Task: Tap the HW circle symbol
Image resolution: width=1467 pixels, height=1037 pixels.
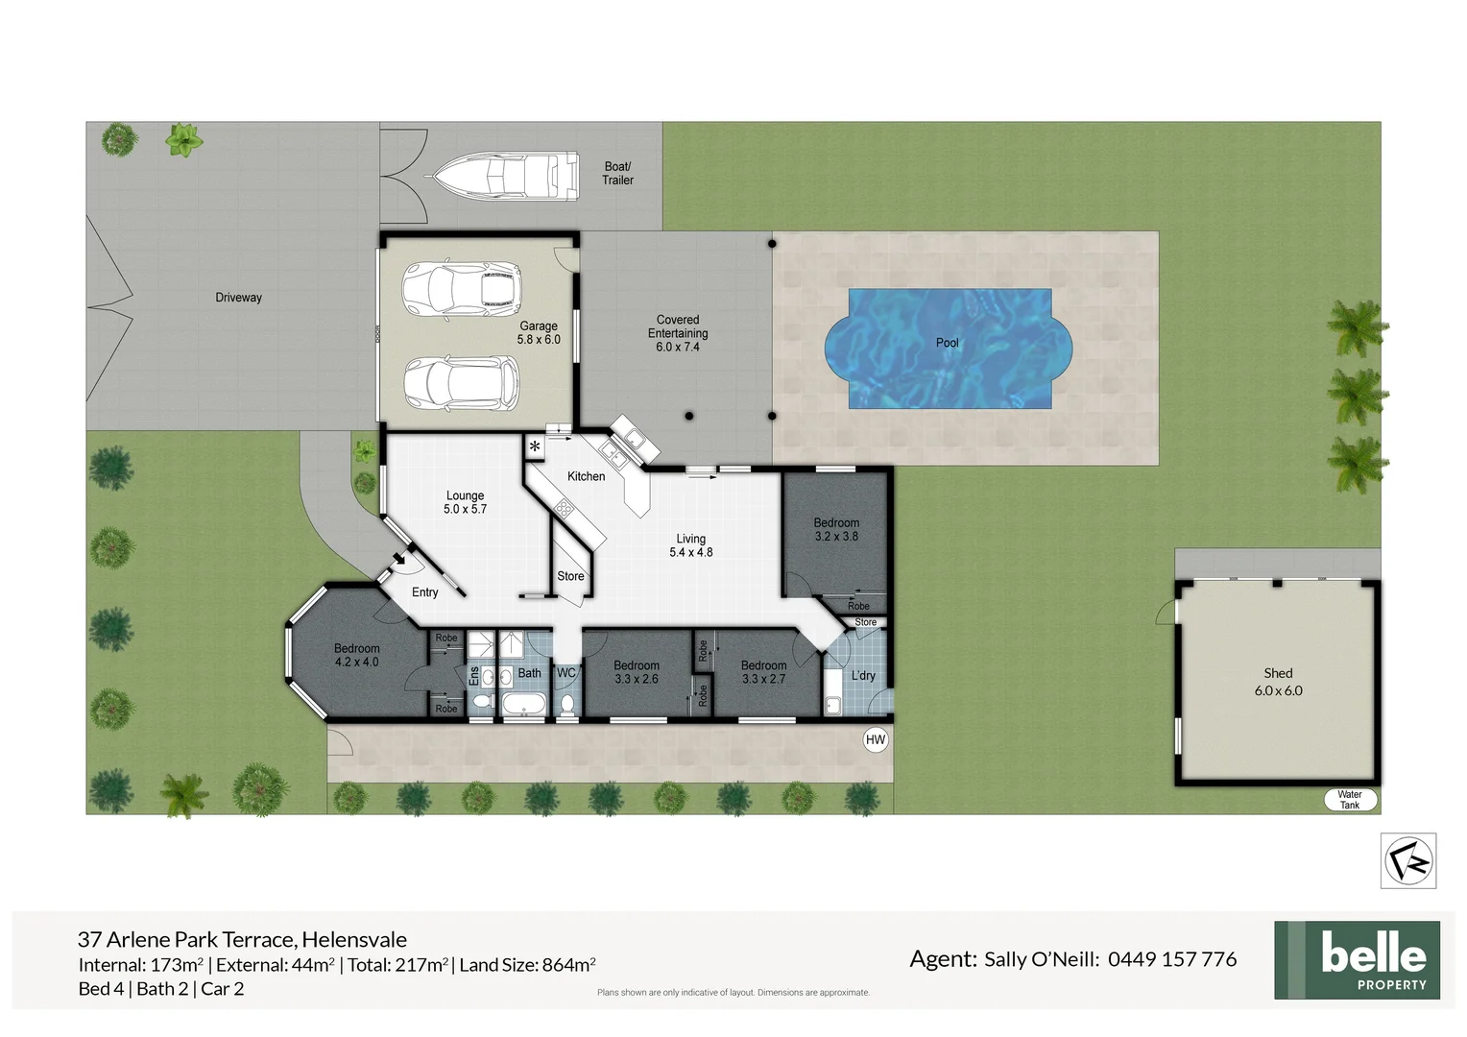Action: [x=876, y=739]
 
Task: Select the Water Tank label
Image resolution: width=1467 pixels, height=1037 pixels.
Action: [x=1349, y=800]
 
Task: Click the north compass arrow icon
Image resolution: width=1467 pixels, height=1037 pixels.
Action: [x=1408, y=860]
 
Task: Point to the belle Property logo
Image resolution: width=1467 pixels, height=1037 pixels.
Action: [x=1357, y=960]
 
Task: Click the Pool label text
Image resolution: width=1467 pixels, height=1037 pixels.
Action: [x=948, y=343]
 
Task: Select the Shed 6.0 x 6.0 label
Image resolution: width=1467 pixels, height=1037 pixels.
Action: [x=1278, y=682]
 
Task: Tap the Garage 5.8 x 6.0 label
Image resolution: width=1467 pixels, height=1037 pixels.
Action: [x=539, y=332]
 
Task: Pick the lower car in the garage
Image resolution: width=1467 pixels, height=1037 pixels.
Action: [x=461, y=382]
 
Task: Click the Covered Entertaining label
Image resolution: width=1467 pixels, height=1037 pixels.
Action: [x=678, y=333]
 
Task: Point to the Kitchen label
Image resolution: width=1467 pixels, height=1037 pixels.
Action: [x=586, y=476]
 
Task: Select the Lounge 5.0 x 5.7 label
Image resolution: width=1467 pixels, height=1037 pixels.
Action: [x=465, y=502]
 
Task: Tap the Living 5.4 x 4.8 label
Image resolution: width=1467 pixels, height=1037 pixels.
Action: [x=691, y=545]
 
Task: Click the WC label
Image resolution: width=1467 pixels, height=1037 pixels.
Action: [x=566, y=673]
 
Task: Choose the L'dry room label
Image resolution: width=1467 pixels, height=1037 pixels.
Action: [x=863, y=675]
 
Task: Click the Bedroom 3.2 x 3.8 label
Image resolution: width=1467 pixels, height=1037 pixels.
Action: [x=836, y=530]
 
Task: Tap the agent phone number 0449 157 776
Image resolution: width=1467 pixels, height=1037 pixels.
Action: [x=1172, y=958]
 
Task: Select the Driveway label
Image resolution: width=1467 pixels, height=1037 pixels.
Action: [x=238, y=298]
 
